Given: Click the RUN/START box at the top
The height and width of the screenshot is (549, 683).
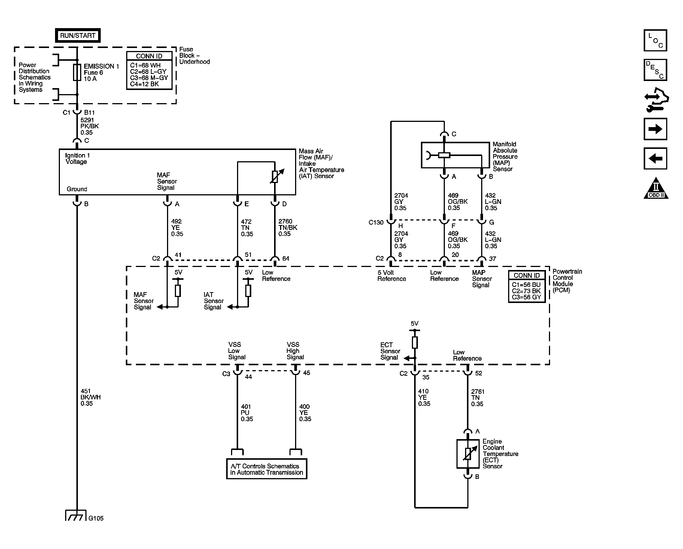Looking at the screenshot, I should (x=78, y=36).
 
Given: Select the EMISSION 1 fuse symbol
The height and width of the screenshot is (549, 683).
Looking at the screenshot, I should (x=77, y=72).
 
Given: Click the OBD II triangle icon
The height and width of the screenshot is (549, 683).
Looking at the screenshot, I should (x=656, y=189).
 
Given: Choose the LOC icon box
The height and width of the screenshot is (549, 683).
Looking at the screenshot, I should (x=655, y=40).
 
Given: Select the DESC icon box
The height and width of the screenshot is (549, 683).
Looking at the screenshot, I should (x=655, y=70).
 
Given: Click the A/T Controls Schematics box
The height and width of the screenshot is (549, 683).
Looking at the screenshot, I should (x=267, y=469).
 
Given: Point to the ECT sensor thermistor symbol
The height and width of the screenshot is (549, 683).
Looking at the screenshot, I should (x=468, y=454).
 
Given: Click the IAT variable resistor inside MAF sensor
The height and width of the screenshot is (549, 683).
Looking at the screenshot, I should (x=275, y=177).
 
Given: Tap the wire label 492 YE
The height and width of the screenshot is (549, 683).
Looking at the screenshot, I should (x=177, y=228).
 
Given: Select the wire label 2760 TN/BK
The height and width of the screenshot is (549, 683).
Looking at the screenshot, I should (x=288, y=228).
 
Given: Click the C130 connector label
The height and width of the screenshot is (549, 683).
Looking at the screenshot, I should (x=376, y=223).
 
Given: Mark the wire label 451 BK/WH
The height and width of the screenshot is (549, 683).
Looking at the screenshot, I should (x=90, y=397).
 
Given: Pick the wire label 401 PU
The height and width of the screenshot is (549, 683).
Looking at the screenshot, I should (x=246, y=413).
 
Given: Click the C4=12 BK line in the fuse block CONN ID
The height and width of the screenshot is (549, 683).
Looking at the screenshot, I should (x=145, y=84).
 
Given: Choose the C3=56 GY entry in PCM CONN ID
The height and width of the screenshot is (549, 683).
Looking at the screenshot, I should (x=526, y=297).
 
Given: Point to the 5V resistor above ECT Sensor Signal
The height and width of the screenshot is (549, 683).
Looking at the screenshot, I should (x=415, y=342).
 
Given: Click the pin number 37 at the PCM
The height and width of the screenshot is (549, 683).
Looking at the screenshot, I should (x=493, y=259).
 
